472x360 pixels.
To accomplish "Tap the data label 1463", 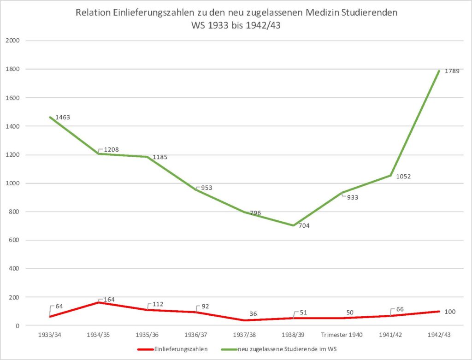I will click(x=62, y=118).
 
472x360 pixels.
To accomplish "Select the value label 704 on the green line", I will click(x=304, y=226).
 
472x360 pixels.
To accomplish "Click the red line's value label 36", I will click(x=253, y=314).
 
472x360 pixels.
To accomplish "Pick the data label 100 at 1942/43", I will click(x=450, y=312).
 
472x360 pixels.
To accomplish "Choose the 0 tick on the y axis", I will click(x=18, y=326).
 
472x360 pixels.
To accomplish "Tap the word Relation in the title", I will click(x=93, y=13).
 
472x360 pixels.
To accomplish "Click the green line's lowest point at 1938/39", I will click(x=293, y=225).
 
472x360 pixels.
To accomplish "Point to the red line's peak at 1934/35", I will click(x=98, y=302).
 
